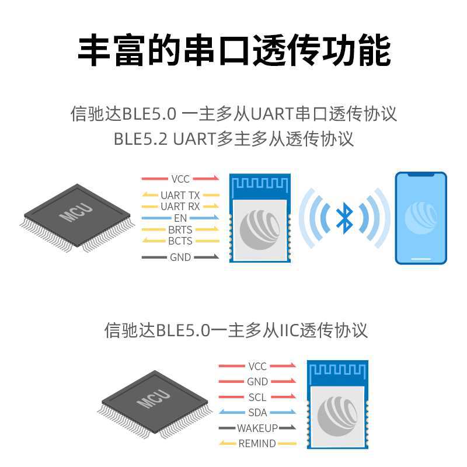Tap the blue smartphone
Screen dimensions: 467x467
(x=421, y=218)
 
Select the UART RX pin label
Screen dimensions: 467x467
(x=180, y=207)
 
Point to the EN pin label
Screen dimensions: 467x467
(x=180, y=218)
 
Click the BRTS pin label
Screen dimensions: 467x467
(x=180, y=230)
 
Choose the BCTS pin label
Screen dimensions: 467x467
(x=180, y=241)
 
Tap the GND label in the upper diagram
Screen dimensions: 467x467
(x=180, y=257)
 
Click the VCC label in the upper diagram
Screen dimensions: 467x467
(x=180, y=179)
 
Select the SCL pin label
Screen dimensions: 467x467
(x=257, y=398)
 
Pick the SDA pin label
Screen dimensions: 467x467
(x=257, y=413)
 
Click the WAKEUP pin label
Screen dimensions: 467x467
(x=257, y=428)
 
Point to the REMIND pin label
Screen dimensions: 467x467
(x=257, y=444)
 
